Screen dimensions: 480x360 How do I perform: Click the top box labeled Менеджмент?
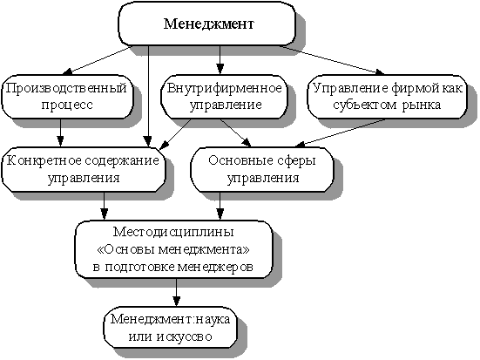pyautogui.click(x=207, y=24)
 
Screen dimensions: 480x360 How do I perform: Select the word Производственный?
pyautogui.click(x=66, y=88)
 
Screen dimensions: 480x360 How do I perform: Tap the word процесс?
pyautogui.click(x=67, y=105)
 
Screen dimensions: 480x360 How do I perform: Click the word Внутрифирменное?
pyautogui.click(x=225, y=88)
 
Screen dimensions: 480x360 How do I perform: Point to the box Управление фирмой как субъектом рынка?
pyautogui.click(x=387, y=97)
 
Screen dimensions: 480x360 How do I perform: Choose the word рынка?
pyautogui.click(x=422, y=105)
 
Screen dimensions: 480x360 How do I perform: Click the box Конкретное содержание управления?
pyautogui.click(x=84, y=169)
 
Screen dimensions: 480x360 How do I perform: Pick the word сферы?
pyautogui.click(x=295, y=161)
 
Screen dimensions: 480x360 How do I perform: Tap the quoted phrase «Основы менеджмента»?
pyautogui.click(x=173, y=249)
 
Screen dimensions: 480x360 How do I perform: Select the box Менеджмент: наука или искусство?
pyautogui.click(x=171, y=327)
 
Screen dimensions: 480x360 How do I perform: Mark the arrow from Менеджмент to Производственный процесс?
pyautogui.click(x=97, y=60)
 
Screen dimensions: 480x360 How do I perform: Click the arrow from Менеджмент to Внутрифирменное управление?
pyautogui.click(x=220, y=60)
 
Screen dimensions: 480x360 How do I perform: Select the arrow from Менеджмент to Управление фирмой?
pyautogui.click(x=332, y=60)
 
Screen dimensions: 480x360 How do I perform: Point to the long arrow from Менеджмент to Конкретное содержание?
pyautogui.click(x=148, y=97)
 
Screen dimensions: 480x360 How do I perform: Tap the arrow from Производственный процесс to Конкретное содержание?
pyautogui.click(x=60, y=133)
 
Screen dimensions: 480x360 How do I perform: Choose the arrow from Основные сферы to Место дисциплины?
pyautogui.click(x=220, y=206)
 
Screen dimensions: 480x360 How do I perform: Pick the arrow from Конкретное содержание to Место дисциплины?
pyautogui.click(x=105, y=206)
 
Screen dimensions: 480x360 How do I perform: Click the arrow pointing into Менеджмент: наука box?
pyautogui.click(x=176, y=292)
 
